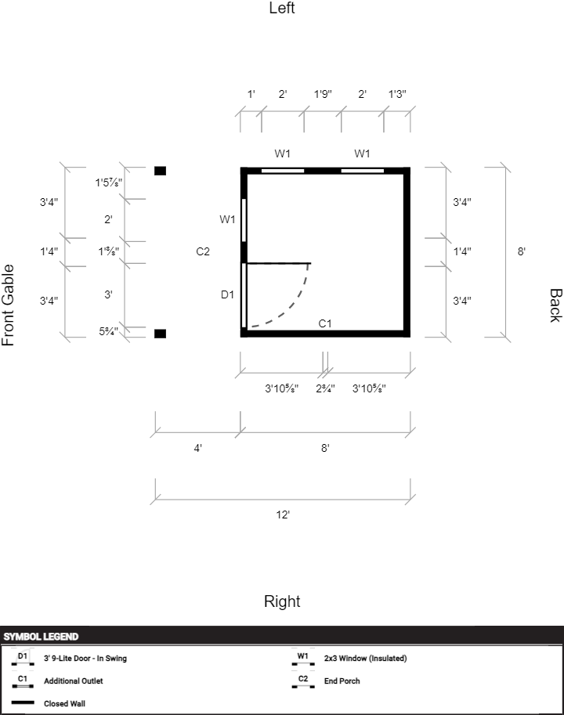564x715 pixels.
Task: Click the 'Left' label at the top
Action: pyautogui.click(x=282, y=9)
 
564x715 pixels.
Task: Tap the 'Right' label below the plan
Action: pyautogui.click(x=282, y=601)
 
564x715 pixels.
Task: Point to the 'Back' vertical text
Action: pyautogui.click(x=555, y=305)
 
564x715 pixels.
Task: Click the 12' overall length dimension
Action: pyautogui.click(x=283, y=515)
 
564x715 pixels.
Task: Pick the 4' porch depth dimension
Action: pyautogui.click(x=198, y=448)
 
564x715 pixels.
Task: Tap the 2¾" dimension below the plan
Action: pyautogui.click(x=325, y=388)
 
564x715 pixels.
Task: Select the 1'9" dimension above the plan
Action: pyautogui.click(x=323, y=94)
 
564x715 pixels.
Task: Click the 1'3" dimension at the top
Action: pyautogui.click(x=398, y=94)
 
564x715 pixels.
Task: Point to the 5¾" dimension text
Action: pyautogui.click(x=108, y=331)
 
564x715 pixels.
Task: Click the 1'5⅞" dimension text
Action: pyautogui.click(x=109, y=182)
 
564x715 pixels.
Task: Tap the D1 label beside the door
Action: pyautogui.click(x=227, y=294)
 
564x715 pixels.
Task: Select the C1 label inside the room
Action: pyautogui.click(x=325, y=323)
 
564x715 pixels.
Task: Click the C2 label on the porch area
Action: pyautogui.click(x=203, y=251)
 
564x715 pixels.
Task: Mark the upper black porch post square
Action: pyautogui.click(x=160, y=171)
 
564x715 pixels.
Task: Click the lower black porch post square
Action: pyautogui.click(x=160, y=334)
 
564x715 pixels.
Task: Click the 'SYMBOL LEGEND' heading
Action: pyautogui.click(x=41, y=637)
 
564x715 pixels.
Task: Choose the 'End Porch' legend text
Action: pyautogui.click(x=342, y=681)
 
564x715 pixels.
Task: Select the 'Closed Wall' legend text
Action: pyautogui.click(x=64, y=703)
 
